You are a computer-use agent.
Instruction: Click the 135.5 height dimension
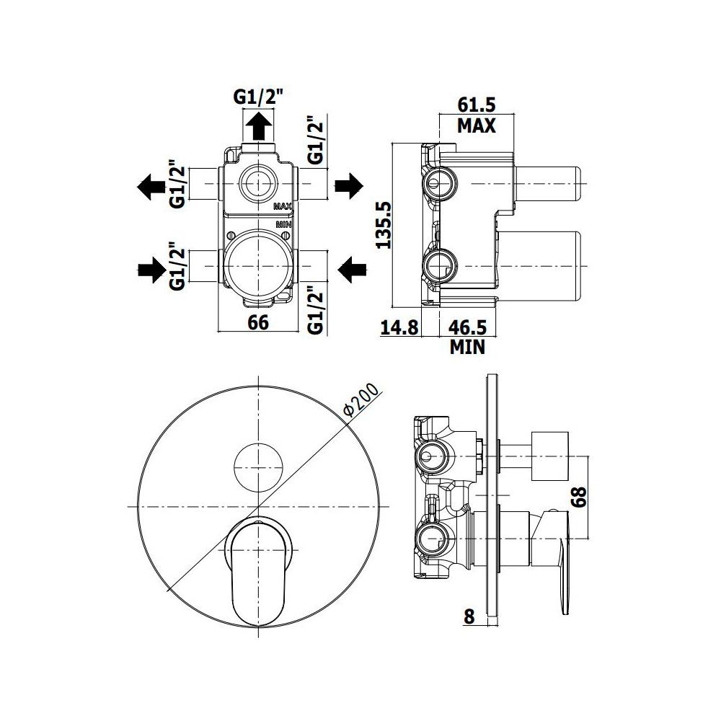click(384, 225)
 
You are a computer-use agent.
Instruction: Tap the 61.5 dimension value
click(477, 105)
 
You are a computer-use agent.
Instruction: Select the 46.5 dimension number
click(467, 327)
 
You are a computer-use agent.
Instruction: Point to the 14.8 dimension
click(399, 327)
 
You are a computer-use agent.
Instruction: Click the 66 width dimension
click(258, 322)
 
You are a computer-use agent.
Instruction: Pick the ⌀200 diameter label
click(363, 400)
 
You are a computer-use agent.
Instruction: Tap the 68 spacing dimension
click(580, 497)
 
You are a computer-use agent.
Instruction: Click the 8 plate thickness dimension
click(469, 616)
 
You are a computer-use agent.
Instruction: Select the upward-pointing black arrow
click(259, 126)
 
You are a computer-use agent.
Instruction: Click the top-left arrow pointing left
click(151, 187)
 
